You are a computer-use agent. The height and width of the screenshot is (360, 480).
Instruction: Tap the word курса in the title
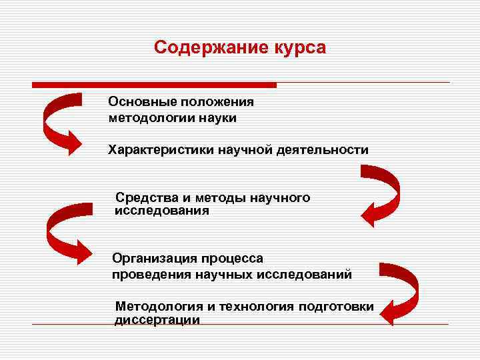[x=297, y=49]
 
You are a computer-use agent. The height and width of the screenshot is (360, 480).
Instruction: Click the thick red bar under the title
[x=154, y=85]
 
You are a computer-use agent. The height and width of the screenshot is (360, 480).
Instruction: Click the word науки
[x=217, y=118]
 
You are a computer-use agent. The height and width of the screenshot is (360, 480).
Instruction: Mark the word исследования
[x=162, y=211]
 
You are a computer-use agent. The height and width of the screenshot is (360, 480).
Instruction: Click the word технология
[x=256, y=306]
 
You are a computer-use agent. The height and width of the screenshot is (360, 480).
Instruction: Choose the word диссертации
[x=157, y=320]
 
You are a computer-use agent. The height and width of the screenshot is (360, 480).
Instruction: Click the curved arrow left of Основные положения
[x=63, y=123]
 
